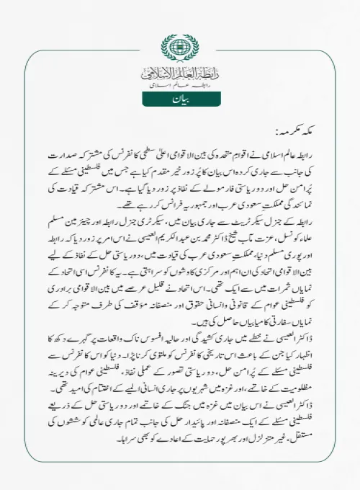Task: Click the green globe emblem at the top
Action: [179, 45]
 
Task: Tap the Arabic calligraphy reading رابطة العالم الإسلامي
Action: [179, 72]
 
